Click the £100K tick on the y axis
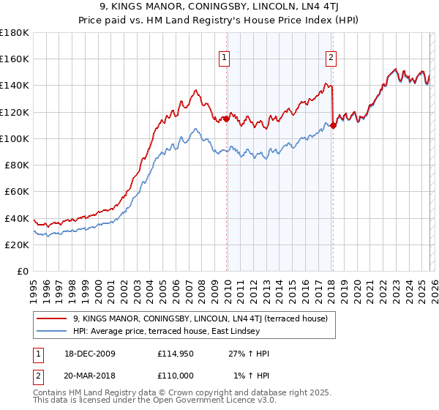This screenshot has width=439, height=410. pos(15,138)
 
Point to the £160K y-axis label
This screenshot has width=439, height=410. pos(15,59)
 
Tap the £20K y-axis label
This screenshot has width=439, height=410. pos(17,245)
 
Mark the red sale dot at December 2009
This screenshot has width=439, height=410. pos(226,119)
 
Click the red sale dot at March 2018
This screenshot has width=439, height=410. pos(333,125)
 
